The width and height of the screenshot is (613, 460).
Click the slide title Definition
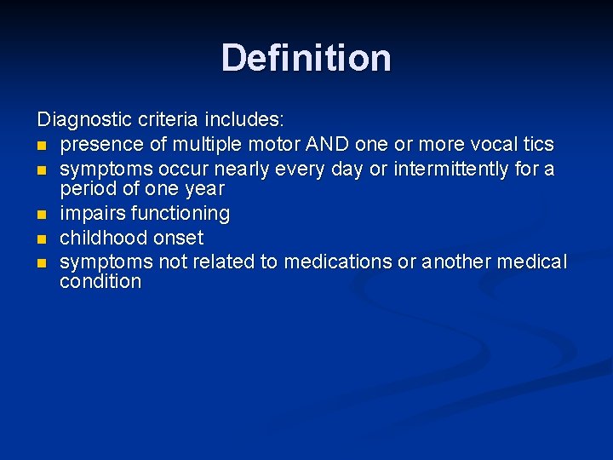(306, 58)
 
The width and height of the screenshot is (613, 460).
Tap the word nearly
(245, 169)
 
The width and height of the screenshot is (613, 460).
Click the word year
(204, 189)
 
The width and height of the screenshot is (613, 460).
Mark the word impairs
(92, 213)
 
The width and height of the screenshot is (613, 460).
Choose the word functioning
(180, 213)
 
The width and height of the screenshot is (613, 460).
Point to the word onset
(178, 238)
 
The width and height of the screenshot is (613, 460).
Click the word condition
(100, 282)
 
